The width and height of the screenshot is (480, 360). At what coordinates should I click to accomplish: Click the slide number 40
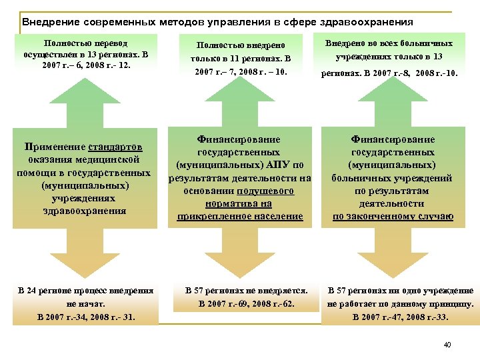(x=447, y=345)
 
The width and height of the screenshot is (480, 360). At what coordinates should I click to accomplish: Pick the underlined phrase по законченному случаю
(x=393, y=217)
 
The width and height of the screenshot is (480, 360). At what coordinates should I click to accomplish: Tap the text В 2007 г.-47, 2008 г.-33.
(x=400, y=317)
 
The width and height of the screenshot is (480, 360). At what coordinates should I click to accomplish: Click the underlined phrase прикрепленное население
(x=240, y=217)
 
